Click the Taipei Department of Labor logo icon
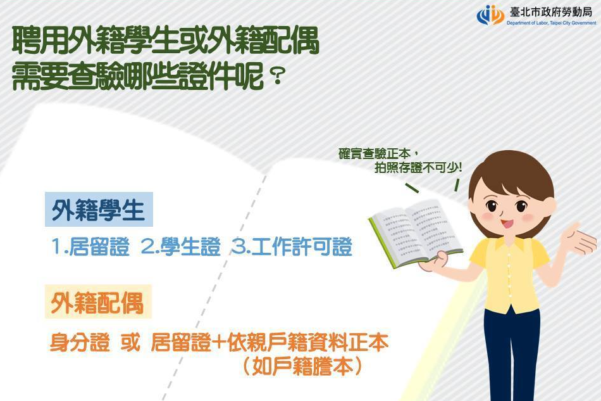[490, 15]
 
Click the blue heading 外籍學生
[99, 210]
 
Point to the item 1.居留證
[90, 247]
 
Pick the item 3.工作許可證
[291, 247]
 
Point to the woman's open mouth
[507, 224]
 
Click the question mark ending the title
[275, 79]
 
